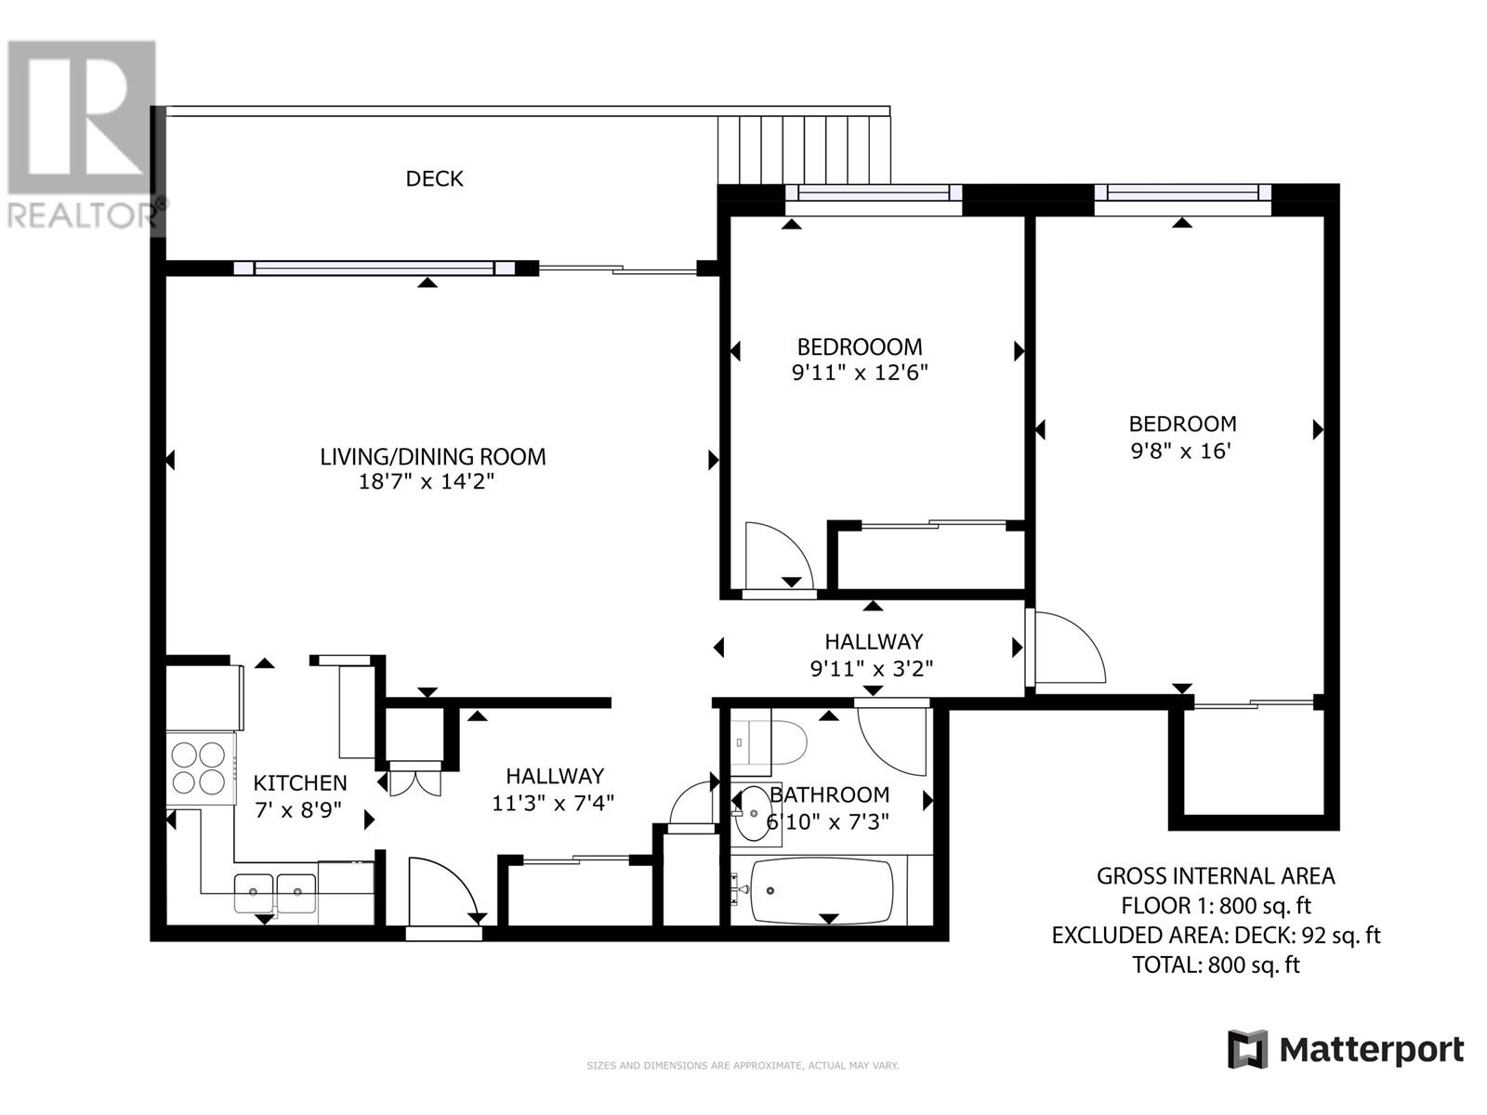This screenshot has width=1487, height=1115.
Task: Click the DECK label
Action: click(x=434, y=178)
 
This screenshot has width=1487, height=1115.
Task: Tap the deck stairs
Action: click(x=804, y=149)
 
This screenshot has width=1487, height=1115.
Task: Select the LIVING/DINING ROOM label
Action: click(x=432, y=456)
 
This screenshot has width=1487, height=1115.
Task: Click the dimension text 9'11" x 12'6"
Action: click(x=860, y=374)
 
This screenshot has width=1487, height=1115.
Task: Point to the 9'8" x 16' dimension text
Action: click(x=1181, y=452)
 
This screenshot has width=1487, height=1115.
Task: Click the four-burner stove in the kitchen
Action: click(x=200, y=767)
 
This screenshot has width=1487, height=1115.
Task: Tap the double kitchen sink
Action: click(x=275, y=893)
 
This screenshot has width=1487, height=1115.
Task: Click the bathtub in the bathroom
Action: click(x=822, y=891)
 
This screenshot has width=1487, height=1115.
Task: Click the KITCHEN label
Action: click(x=299, y=783)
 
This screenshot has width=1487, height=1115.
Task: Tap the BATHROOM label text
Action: click(x=830, y=795)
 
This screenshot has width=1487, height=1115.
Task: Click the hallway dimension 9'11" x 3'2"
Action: click(x=872, y=668)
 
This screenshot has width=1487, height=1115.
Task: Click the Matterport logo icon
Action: click(x=1247, y=1050)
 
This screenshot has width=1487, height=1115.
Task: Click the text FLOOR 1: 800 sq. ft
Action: click(x=1216, y=906)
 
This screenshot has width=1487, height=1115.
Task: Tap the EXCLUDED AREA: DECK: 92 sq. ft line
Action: click(x=1216, y=936)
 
